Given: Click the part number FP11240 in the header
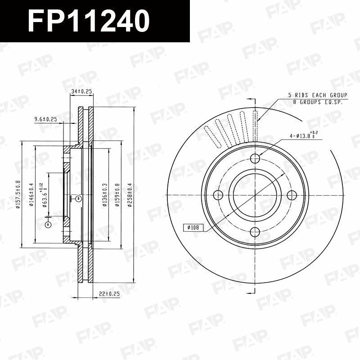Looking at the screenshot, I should (89, 21).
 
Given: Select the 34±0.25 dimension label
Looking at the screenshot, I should (81, 92).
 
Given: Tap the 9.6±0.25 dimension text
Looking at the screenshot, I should (45, 119).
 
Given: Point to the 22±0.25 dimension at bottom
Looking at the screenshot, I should (109, 294).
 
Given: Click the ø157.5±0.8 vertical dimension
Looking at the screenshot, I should (18, 194).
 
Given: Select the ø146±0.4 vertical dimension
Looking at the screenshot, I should (32, 194).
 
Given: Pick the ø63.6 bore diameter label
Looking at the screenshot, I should (45, 194).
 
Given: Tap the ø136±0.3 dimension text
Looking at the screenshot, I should (105, 194).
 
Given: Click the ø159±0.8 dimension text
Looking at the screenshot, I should (117, 194).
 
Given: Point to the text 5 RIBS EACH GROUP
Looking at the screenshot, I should (318, 95).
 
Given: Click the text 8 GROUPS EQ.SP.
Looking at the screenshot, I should (318, 102).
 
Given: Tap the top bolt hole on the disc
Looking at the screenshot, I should (255, 158).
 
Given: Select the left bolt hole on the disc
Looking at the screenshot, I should (218, 195).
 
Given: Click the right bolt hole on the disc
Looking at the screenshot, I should (292, 195).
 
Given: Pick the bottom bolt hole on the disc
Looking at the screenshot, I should (255, 232).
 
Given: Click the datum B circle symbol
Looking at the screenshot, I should (78, 198).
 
